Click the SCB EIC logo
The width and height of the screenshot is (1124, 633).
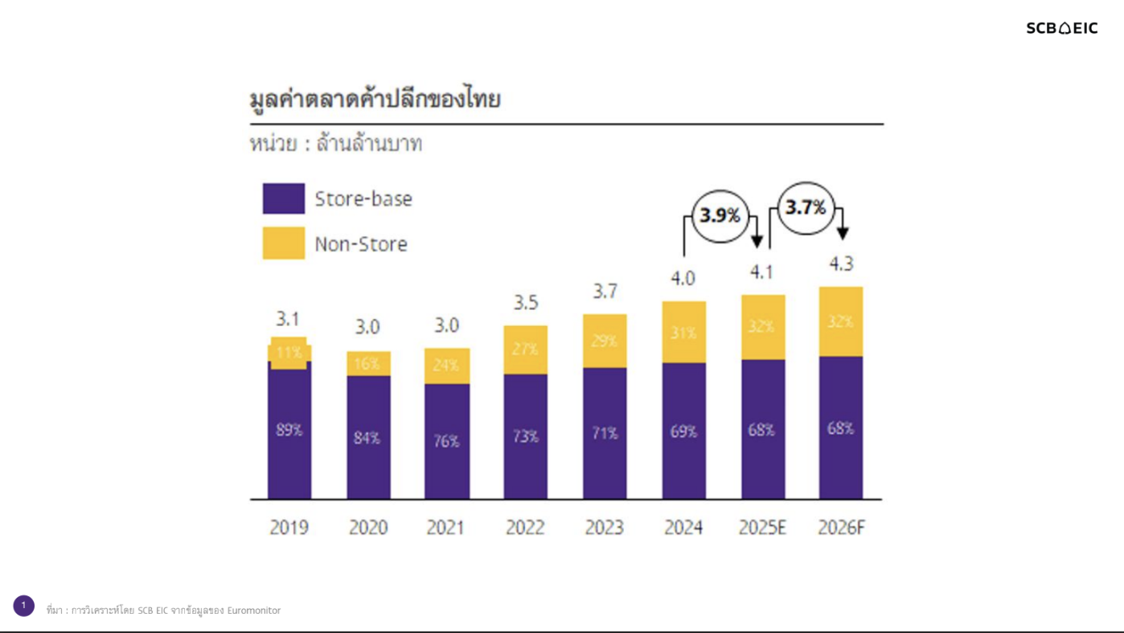pos(1061,28)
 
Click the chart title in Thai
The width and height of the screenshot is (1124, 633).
pos(375,100)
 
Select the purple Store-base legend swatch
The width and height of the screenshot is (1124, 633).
pos(283,198)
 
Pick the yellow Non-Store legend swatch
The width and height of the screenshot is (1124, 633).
pos(283,243)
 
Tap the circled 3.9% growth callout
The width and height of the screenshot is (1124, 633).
pos(720,215)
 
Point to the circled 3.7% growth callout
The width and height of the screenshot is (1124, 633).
pos(806,208)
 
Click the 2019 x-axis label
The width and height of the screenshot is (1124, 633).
pos(289,528)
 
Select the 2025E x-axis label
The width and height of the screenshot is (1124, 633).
pos(762,528)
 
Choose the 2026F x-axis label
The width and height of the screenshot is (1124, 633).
pos(841,528)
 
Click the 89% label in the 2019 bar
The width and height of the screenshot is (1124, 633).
pos(289,430)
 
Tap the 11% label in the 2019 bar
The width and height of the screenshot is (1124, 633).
pos(289,353)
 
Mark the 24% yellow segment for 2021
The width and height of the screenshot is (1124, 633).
pos(447,366)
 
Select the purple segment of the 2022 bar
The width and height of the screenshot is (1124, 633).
pos(526,436)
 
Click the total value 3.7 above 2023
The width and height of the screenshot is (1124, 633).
pos(605,292)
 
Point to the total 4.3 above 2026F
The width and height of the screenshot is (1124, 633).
pos(841,264)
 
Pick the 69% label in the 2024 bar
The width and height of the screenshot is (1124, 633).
pos(683,431)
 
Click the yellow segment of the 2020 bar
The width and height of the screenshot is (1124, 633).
pos(368,363)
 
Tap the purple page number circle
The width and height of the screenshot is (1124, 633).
pos(23,606)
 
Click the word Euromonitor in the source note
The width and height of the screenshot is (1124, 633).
pos(253,611)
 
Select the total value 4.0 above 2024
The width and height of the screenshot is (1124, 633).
pos(683,279)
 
